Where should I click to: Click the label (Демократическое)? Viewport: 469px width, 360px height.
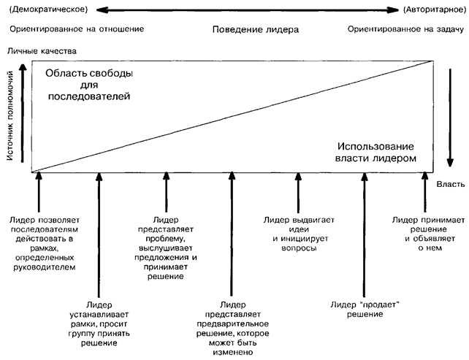tap(49, 9)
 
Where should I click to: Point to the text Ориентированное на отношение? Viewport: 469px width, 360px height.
tap(77, 29)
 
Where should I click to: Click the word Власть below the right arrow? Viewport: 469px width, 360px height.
tap(451, 186)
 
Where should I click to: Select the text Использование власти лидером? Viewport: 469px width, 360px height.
tap(375, 152)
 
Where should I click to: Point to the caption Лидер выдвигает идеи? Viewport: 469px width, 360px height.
tap(298, 233)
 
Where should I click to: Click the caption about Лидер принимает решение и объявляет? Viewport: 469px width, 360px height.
tap(424, 233)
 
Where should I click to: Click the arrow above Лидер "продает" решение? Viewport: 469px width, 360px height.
tap(362, 234)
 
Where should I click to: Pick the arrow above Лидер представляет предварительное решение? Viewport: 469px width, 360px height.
tap(232, 234)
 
